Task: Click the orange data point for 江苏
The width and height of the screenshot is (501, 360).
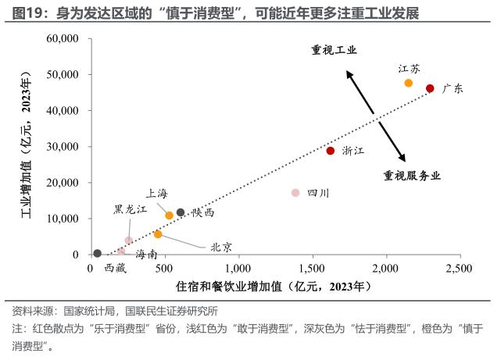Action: click(x=409, y=83)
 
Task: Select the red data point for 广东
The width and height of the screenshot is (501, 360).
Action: click(x=430, y=88)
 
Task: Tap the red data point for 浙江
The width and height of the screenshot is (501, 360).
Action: click(x=331, y=151)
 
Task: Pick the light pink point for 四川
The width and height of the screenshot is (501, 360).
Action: click(x=295, y=193)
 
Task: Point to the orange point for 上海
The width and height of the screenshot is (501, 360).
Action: click(x=170, y=215)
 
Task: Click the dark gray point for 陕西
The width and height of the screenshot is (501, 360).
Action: click(x=181, y=212)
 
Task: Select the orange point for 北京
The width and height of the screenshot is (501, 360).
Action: click(x=158, y=234)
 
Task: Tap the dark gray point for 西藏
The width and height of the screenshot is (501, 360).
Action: click(x=97, y=253)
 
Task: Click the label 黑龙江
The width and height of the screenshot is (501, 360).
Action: click(x=131, y=209)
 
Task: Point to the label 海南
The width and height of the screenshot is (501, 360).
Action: click(x=146, y=255)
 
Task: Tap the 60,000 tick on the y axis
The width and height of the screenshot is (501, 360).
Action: click(x=63, y=38)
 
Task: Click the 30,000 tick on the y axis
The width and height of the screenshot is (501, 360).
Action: click(x=63, y=147)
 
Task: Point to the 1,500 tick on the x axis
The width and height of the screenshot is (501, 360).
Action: click(x=312, y=268)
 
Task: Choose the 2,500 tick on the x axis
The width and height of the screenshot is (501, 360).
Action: click(x=460, y=268)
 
